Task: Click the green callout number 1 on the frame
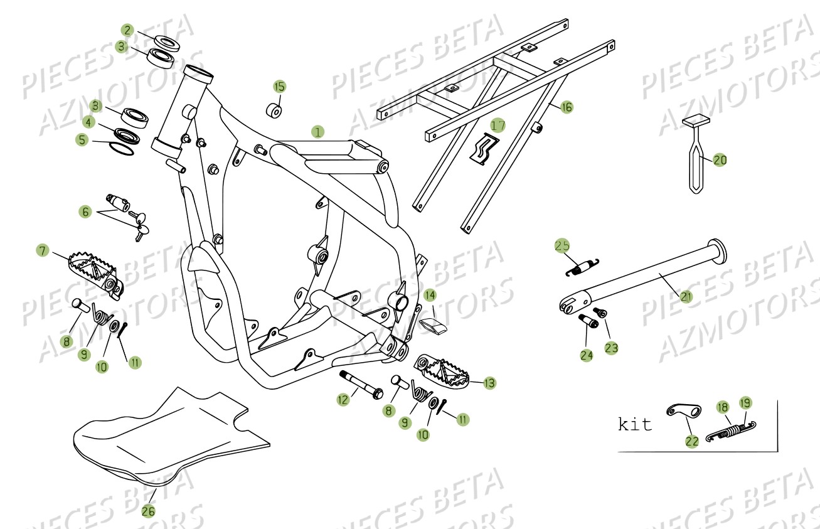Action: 318,132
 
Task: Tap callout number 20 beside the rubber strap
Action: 720,161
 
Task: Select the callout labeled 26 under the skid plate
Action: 147,511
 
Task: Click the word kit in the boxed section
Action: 635,425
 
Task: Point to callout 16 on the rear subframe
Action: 566,107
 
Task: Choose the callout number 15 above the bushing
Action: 279,86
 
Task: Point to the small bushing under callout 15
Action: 275,110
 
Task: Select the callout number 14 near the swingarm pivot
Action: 430,294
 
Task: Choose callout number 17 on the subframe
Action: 498,126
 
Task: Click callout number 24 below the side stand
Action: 587,356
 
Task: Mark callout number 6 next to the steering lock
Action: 85,212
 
